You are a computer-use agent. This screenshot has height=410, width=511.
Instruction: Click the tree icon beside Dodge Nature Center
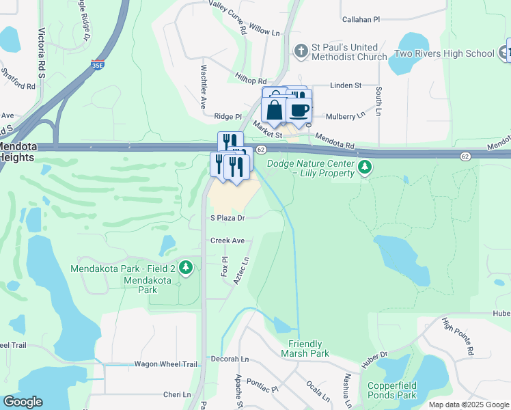tap(365, 167)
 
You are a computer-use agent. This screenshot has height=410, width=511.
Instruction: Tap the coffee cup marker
tap(299, 109)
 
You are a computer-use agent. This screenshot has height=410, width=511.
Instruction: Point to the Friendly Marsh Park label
tap(305, 348)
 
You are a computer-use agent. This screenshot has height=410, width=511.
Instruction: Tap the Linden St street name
tap(345, 85)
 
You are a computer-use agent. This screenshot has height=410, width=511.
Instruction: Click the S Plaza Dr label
tap(227, 218)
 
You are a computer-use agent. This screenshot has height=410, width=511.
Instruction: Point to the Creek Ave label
tap(227, 241)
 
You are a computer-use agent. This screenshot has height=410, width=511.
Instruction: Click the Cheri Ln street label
tap(177, 395)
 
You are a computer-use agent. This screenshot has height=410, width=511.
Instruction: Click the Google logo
tap(23, 402)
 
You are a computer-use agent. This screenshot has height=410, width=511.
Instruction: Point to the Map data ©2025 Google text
tap(468, 405)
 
